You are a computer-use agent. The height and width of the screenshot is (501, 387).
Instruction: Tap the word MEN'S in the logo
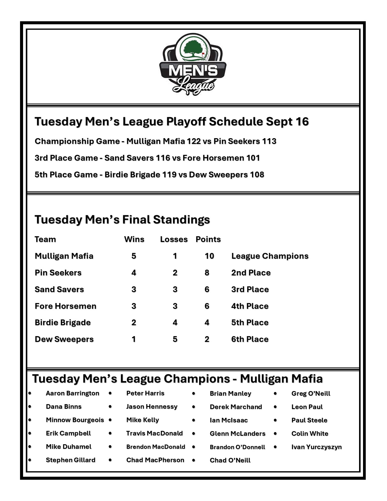193,70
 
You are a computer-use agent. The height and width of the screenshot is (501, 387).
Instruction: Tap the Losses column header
174,239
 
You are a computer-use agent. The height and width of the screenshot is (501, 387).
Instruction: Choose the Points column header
208,239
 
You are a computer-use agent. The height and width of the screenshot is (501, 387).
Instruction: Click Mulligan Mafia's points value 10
209,256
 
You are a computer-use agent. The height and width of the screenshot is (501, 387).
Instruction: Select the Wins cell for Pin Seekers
134,273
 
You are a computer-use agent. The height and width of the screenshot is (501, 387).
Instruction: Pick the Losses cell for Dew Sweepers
175,339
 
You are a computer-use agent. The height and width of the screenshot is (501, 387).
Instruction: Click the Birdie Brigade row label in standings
63,322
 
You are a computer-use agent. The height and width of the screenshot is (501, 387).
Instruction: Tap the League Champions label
270,256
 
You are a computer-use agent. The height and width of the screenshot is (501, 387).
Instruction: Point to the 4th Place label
250,306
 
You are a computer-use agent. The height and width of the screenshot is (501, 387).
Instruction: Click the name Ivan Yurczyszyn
316,447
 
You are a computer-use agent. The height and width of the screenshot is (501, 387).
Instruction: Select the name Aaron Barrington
72,393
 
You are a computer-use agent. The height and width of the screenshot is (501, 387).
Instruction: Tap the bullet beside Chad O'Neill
193,460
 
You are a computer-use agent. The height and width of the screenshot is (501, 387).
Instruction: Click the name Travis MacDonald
154,433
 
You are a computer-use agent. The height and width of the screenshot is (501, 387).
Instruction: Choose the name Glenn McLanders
237,434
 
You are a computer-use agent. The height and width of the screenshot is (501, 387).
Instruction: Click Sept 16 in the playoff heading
287,121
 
